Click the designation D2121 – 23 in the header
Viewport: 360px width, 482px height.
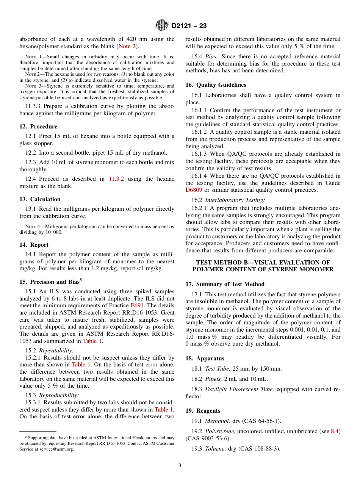(189, 26)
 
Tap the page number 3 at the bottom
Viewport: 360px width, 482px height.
(180, 466)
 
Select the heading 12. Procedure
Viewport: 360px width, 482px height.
(38, 127)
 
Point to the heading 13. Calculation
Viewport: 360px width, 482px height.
(40, 199)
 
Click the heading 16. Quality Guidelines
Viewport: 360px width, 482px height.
(216, 85)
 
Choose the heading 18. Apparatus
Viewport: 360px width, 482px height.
(205, 358)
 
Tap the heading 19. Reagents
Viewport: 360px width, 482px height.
(203, 411)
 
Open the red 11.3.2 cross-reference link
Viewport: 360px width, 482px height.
(117, 179)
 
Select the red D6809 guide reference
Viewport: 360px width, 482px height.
(194, 190)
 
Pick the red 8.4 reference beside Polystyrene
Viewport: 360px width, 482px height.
(335, 431)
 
